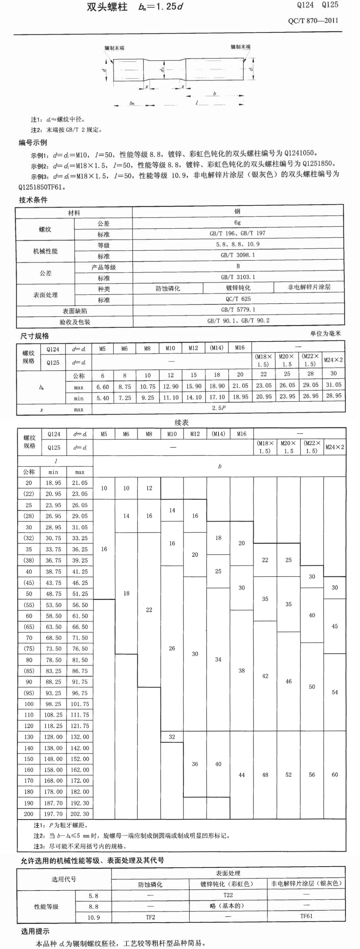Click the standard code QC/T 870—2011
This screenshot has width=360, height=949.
[313, 21]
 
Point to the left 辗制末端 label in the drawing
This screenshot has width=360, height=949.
[114, 48]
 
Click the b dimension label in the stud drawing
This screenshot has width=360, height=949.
[214, 94]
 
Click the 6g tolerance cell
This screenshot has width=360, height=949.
[238, 223]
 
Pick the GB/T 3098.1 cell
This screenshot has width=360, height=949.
[238, 255]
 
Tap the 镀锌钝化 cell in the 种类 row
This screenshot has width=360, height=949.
[238, 288]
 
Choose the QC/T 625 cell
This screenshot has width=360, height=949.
[238, 299]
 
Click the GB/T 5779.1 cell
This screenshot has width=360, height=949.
[238, 310]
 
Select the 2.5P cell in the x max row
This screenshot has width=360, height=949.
[219, 408]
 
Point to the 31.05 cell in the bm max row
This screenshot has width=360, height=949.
[333, 385]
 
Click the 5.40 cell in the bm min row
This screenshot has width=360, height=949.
[103, 398]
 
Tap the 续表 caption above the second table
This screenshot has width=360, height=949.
[182, 422]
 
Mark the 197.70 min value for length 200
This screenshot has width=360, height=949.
[53, 814]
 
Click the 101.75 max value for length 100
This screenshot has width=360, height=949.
[80, 704]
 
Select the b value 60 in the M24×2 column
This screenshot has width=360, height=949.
[334, 775]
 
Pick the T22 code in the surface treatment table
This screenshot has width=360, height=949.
[228, 895]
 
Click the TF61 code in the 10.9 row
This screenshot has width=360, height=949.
[306, 916]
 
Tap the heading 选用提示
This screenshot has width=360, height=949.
[35, 931]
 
